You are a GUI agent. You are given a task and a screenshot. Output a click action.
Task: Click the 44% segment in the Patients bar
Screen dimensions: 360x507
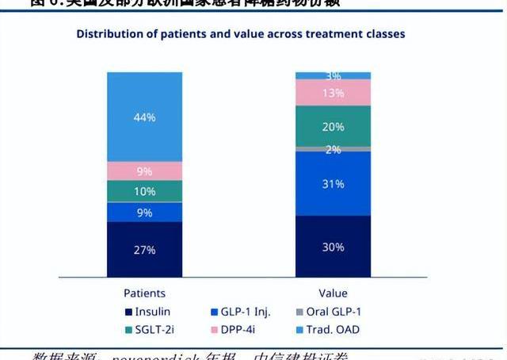144,117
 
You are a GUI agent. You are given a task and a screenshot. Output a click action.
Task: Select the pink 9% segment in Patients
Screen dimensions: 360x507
144,170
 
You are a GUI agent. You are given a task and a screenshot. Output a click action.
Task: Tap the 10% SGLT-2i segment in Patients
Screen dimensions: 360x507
144,191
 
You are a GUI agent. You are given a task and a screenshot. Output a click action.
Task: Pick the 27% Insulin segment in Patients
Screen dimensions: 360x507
144,249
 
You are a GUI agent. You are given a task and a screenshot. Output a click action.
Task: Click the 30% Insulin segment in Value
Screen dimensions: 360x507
333,247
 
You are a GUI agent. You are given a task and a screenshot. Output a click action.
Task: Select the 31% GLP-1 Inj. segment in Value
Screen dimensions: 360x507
333,183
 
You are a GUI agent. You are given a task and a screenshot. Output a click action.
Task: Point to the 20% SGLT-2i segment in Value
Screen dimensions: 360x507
333,126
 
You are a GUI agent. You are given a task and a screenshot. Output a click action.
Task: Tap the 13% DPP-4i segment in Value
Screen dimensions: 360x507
333,93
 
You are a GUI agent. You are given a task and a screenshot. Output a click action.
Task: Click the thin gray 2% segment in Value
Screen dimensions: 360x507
333,149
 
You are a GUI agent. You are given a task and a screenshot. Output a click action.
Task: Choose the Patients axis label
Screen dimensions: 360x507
144,293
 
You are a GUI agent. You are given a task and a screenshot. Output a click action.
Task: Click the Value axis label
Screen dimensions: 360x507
334,293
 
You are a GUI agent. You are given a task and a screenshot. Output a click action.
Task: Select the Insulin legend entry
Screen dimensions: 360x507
147,312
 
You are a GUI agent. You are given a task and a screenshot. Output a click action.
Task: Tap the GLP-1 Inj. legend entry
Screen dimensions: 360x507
241,312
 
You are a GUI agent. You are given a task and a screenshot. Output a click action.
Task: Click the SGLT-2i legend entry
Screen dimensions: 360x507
147,329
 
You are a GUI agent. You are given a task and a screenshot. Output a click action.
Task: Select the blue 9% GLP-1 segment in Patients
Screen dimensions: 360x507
144,212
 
